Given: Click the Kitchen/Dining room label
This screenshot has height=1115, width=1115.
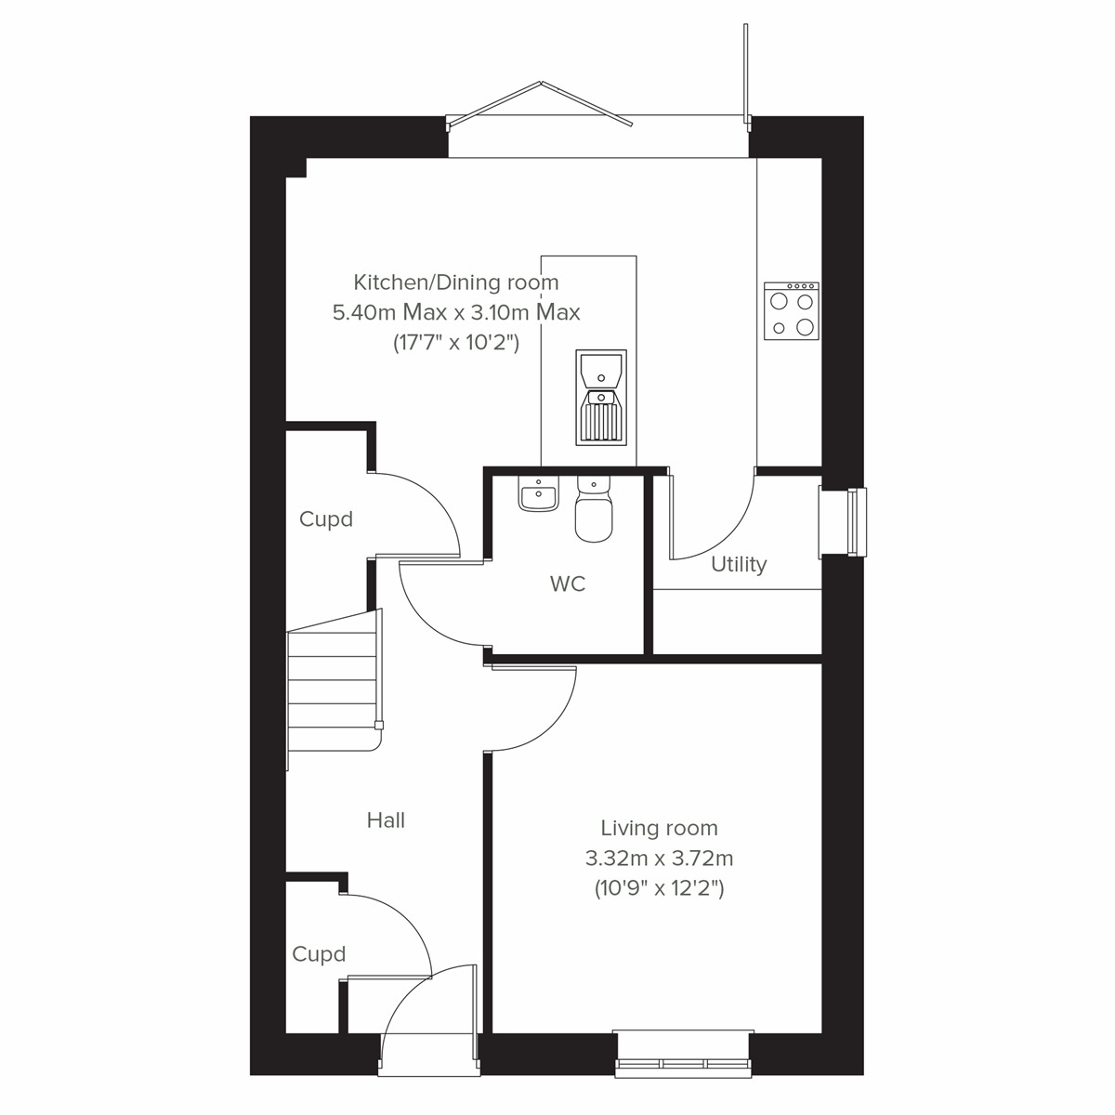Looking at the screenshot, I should (456, 282).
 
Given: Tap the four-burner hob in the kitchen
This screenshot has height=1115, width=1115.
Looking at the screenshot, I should (792, 311).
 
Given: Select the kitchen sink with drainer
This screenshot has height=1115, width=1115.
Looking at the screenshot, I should (601, 397).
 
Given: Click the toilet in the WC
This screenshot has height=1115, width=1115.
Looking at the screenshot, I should (594, 511).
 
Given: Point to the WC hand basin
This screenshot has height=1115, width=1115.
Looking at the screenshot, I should (538, 497).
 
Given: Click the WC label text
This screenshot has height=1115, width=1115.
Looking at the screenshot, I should (568, 584).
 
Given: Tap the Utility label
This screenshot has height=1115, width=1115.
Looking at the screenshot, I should (739, 564).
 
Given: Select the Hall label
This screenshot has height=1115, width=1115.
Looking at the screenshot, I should (386, 820).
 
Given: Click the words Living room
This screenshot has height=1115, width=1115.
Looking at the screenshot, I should (659, 828).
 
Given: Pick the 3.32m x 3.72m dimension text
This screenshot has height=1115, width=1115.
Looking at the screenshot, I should (659, 858).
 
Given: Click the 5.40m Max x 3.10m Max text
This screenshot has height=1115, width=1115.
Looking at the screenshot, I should (456, 312).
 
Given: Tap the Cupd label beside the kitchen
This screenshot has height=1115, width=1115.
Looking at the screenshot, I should (326, 518).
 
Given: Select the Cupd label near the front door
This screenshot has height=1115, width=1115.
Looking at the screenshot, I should (319, 954).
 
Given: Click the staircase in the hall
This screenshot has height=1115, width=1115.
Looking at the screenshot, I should (333, 688).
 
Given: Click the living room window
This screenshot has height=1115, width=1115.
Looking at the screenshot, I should (684, 1054).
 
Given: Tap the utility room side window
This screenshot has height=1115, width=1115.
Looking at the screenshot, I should (844, 522).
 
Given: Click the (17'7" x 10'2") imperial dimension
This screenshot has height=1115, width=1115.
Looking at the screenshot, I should (456, 343).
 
